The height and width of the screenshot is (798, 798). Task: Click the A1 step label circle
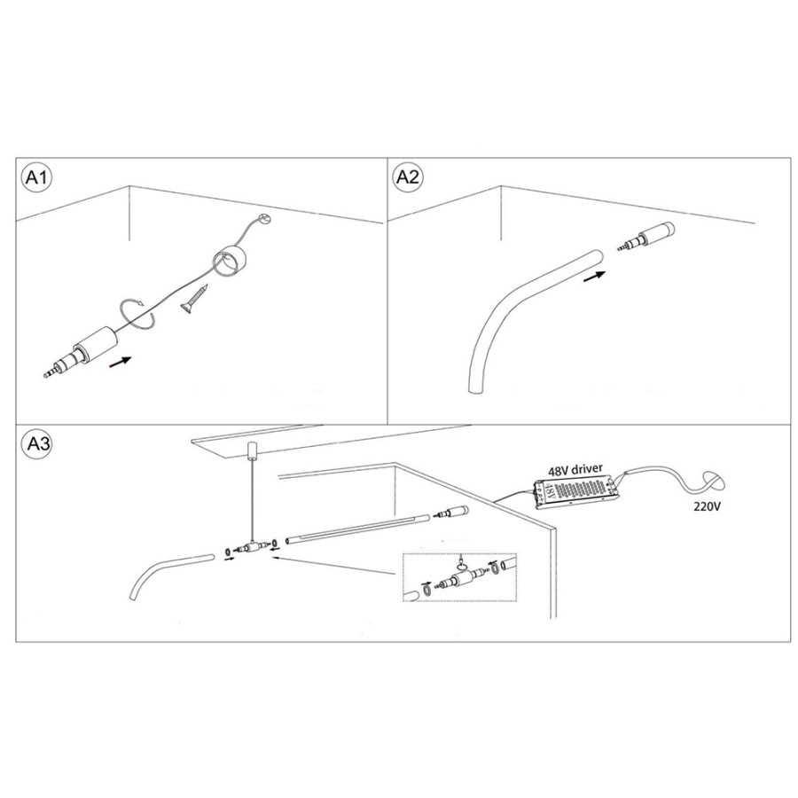coord(35,177)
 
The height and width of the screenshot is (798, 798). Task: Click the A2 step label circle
coord(408,176)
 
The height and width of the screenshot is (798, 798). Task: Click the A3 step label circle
coord(36,444)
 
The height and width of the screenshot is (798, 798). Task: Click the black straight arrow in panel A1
coord(121,362)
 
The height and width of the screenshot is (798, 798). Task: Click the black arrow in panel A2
coord(594,278)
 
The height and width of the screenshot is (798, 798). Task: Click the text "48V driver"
coord(575,469)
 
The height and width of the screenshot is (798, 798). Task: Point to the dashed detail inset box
coord(459,577)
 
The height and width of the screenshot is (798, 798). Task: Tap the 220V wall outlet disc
coord(714,481)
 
